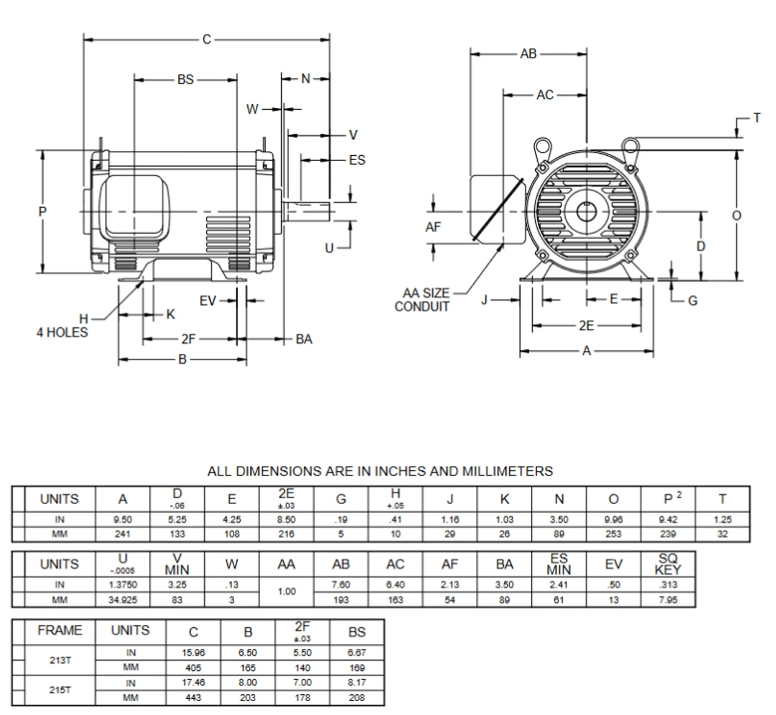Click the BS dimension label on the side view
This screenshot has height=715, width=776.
[x=185, y=79]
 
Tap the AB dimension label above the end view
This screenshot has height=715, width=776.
[x=528, y=54]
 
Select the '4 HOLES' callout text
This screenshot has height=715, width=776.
[x=62, y=332]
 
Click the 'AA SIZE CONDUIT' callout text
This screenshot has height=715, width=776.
[x=423, y=300]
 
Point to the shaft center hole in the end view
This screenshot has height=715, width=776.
[x=586, y=211]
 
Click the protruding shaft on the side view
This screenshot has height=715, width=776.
[x=309, y=211]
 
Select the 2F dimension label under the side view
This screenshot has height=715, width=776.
[x=189, y=339]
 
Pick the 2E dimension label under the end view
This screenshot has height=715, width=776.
[x=586, y=326]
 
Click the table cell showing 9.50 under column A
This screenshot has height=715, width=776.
[x=122, y=520]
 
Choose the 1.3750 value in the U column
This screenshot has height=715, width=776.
[x=122, y=585]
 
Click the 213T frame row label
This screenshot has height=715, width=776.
[x=59, y=660]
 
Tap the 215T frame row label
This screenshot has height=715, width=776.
[x=59, y=690]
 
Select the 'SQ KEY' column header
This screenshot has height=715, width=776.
[x=667, y=564]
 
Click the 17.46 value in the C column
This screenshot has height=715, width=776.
[x=193, y=683]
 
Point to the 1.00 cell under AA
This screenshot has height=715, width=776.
[x=286, y=592]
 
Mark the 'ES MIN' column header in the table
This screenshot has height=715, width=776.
[x=558, y=564]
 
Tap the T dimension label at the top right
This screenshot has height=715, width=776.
[x=757, y=118]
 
